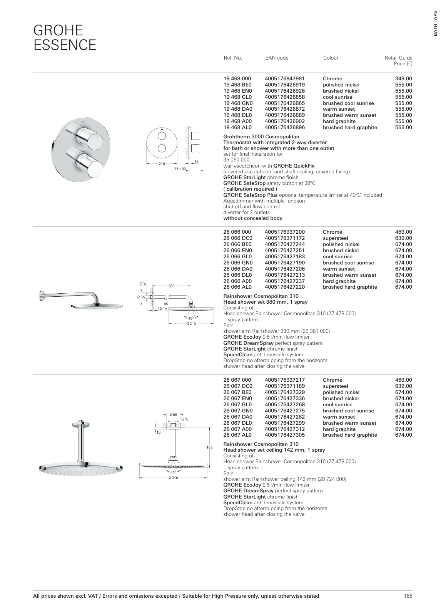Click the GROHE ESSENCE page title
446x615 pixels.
coord(65,37)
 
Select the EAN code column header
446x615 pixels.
coord(276,58)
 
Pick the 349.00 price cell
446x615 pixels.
coord(403,79)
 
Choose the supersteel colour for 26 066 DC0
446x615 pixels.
coord(335,238)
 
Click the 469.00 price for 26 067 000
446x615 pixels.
coord(403,380)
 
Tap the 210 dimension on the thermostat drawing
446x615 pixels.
coord(162,164)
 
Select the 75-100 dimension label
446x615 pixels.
coord(180,169)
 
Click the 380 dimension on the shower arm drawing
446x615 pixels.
coord(172,286)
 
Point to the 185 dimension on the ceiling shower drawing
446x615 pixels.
coord(210,448)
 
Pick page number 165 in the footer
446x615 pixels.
coord(408,596)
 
